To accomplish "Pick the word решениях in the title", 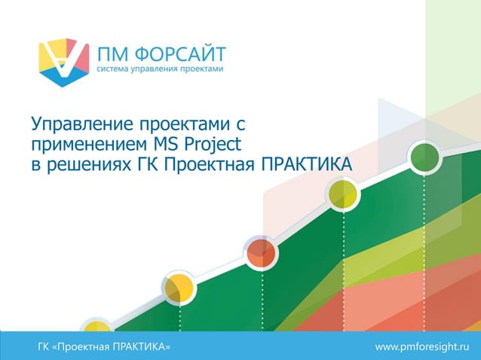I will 86,163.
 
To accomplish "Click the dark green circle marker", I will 424,157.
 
